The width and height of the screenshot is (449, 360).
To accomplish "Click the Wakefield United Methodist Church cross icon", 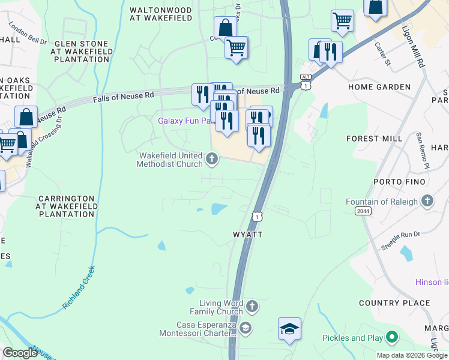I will pyautogui.click(x=211, y=159).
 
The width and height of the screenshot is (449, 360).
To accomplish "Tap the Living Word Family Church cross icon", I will pyautogui.click(x=252, y=307).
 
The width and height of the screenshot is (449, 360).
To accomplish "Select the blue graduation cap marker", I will pyautogui.click(x=289, y=329).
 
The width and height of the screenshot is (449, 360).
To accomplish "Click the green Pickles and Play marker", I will pyautogui.click(x=393, y=338).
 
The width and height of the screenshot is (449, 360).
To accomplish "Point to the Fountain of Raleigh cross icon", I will pyautogui.click(x=427, y=202).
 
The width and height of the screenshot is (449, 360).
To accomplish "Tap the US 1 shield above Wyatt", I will pyautogui.click(x=257, y=216).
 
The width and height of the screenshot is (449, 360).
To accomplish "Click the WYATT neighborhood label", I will pyautogui.click(x=247, y=235).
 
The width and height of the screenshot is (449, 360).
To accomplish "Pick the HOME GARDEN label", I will pyautogui.click(x=379, y=87).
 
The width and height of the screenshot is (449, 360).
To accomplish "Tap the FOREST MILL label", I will pyautogui.click(x=375, y=139).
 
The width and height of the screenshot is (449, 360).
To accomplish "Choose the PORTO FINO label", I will pyautogui.click(x=382, y=182).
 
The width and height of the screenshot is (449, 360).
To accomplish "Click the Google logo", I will pyautogui.click(x=20, y=352).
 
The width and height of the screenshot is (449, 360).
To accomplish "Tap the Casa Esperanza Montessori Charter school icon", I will pyautogui.click(x=245, y=328).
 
